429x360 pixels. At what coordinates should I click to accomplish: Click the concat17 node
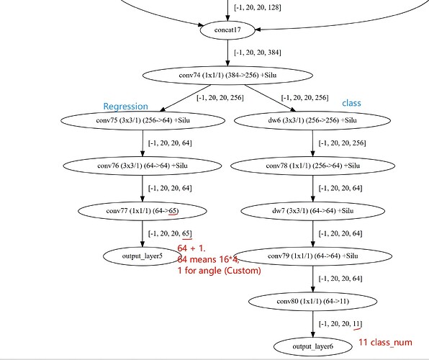pyautogui.click(x=227, y=30)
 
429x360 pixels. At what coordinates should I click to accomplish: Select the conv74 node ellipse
pyautogui.click(x=227, y=76)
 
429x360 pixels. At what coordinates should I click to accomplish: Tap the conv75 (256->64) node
pyautogui.click(x=143, y=120)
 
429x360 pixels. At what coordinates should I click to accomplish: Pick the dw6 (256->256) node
pyautogui.click(x=312, y=120)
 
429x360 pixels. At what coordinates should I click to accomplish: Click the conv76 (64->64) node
pyautogui.click(x=143, y=166)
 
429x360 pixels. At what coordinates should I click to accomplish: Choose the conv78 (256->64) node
pyautogui.click(x=312, y=166)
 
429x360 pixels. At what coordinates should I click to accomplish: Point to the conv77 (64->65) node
pyautogui.click(x=143, y=211)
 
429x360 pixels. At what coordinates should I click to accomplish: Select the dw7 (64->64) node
pyautogui.click(x=312, y=211)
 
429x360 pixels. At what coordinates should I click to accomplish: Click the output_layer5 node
pyautogui.click(x=143, y=256)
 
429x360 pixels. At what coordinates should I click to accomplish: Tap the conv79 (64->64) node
pyautogui.click(x=312, y=256)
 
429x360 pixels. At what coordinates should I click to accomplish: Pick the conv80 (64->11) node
pyautogui.click(x=312, y=302)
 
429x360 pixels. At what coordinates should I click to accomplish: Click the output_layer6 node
pyautogui.click(x=312, y=346)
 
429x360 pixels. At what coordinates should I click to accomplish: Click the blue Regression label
pyautogui.click(x=125, y=107)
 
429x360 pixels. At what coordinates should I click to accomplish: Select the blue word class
pyautogui.click(x=351, y=103)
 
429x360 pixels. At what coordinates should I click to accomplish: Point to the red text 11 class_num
pyautogui.click(x=385, y=343)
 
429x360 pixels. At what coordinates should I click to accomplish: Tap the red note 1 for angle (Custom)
pyautogui.click(x=219, y=271)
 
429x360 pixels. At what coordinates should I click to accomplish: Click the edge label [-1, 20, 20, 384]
pyautogui.click(x=258, y=53)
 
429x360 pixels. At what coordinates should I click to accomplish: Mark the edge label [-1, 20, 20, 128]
pyautogui.click(x=258, y=7)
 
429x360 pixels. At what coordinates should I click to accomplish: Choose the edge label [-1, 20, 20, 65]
pyautogui.click(x=170, y=233)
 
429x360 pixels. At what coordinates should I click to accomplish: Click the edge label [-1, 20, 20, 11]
pyautogui.click(x=340, y=324)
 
